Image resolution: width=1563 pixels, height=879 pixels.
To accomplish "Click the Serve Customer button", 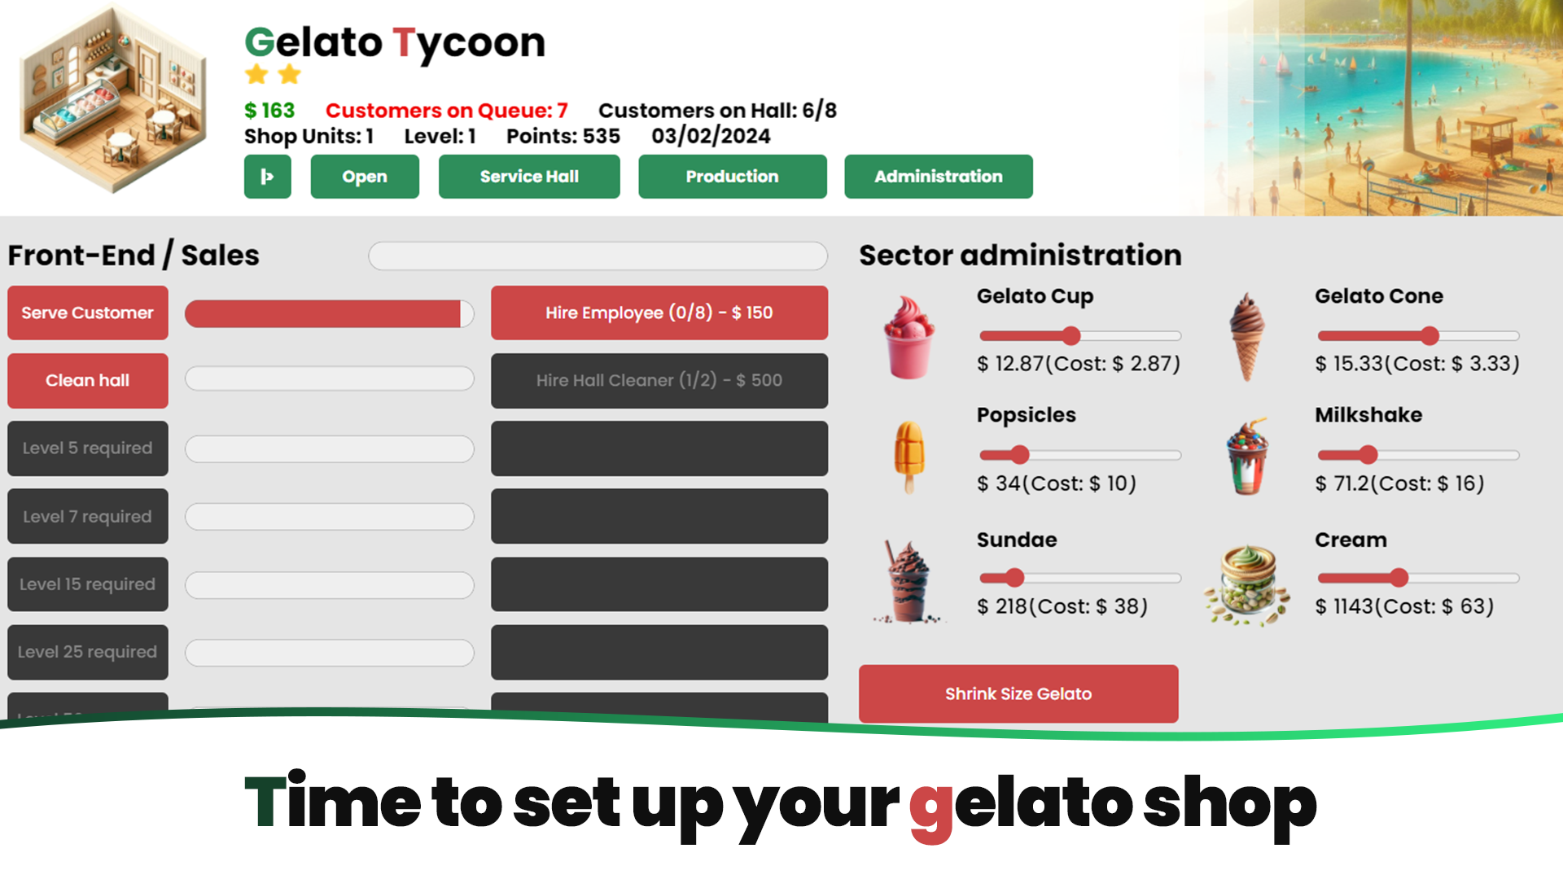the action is coord(88,313).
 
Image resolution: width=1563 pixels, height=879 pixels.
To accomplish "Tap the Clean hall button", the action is coord(88,380).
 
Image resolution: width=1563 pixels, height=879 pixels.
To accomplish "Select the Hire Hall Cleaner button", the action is coord(659,380).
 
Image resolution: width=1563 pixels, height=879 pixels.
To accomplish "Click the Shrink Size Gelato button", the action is coord(1018,693).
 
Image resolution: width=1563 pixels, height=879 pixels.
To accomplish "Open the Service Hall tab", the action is coord(529,177).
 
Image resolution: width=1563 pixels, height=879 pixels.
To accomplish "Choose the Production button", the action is coord(733,177).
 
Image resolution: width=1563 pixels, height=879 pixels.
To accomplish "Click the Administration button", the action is coord(939,177).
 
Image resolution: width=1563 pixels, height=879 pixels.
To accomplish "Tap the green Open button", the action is coord(365,177).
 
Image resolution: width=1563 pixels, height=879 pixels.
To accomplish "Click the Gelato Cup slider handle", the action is coord(1071,335).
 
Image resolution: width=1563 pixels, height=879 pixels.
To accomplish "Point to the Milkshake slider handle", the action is coord(1368,455).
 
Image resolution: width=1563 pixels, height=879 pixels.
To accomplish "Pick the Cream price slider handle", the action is coord(1399,578).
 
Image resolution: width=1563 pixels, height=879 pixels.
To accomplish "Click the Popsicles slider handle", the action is coord(1020,455).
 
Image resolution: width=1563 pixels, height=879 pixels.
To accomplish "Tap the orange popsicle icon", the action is coord(909,456).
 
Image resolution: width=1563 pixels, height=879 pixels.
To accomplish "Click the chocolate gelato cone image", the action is coord(1247,336).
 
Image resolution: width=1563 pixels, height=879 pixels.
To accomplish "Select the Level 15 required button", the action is coord(88,584).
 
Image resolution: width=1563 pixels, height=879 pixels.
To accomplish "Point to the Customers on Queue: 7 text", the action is coord(446,111).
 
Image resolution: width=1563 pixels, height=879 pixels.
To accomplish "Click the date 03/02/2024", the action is coord(711,136).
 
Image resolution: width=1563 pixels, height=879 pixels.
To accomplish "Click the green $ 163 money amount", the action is coord(269,111).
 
